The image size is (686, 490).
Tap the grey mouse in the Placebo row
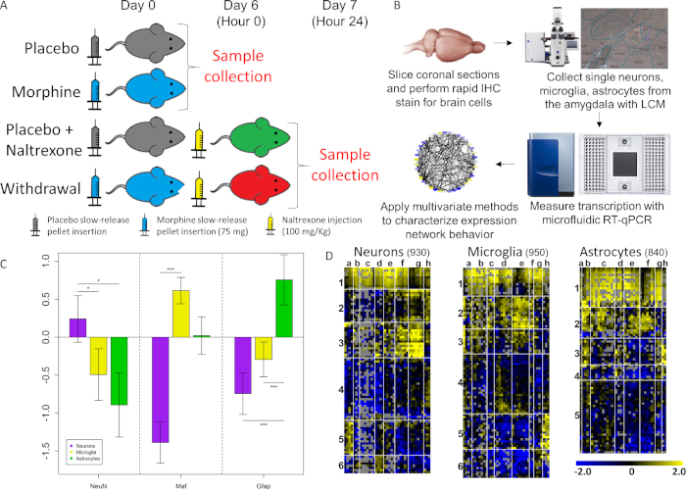(x=146, y=45)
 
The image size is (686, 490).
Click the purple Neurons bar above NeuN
(x=77, y=327)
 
